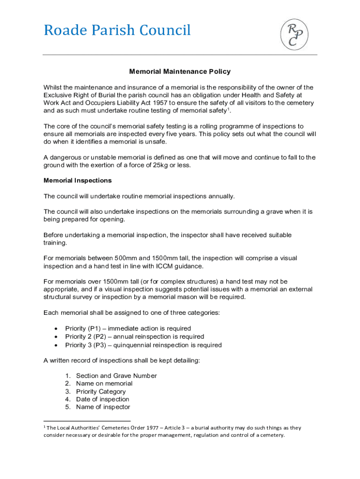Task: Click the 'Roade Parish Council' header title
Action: click(x=117, y=30)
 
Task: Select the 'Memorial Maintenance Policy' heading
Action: click(x=180, y=72)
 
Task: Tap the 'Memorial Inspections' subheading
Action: click(x=78, y=180)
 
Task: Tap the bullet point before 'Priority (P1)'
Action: click(x=57, y=329)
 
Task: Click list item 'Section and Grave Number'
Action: click(x=116, y=376)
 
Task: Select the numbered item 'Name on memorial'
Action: click(x=104, y=384)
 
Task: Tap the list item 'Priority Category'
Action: click(x=101, y=392)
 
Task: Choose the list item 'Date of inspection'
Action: click(x=103, y=399)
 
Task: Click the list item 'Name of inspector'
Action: click(x=103, y=407)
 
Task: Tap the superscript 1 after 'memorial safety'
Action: click(x=229, y=109)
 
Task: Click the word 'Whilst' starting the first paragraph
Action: click(x=52, y=87)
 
